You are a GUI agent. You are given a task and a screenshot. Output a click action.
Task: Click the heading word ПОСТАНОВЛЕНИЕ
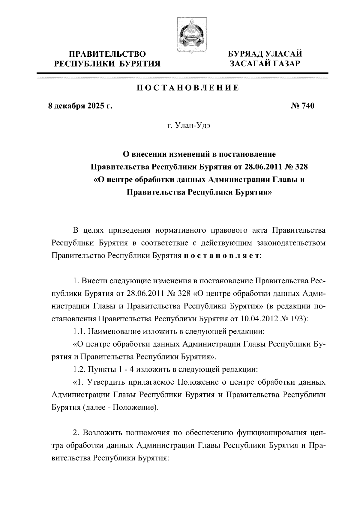(x=188, y=88)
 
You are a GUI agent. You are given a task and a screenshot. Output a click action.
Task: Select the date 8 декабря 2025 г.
(x=80, y=106)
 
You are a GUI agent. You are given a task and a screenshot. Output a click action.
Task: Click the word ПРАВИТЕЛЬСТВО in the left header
(x=107, y=54)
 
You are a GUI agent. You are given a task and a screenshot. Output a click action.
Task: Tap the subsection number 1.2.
(x=80, y=369)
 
